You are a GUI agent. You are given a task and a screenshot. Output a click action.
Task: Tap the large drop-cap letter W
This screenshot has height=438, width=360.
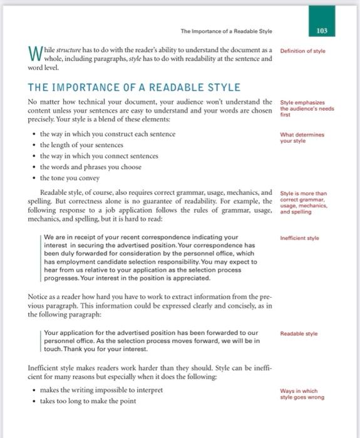(36, 56)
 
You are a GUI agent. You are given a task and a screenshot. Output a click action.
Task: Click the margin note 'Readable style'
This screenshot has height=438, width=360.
(304, 334)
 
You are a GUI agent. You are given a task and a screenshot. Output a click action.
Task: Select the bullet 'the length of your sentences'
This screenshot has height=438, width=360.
(83, 145)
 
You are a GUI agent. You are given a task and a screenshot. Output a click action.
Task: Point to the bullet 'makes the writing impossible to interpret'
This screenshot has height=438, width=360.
(100, 389)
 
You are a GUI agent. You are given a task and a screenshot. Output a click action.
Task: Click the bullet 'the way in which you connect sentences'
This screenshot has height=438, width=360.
(99, 156)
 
